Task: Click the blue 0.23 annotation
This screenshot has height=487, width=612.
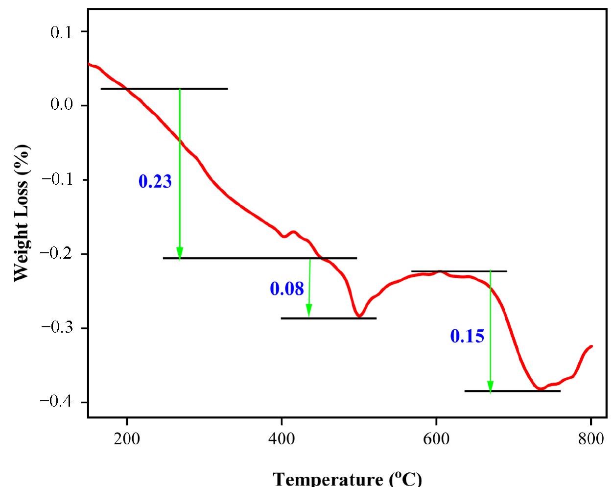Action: click(x=155, y=182)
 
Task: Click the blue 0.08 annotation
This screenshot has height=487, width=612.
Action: click(x=287, y=289)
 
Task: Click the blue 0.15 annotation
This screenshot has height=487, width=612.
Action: click(x=467, y=336)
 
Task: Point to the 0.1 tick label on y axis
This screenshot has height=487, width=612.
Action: click(x=61, y=32)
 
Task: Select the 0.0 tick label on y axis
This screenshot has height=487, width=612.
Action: click(x=61, y=105)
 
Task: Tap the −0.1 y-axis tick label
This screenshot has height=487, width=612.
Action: click(x=58, y=179)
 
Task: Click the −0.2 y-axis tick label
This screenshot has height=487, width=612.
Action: click(x=58, y=253)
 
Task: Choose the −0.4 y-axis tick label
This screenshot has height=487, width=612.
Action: click(x=58, y=401)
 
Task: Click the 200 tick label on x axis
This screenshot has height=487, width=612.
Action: click(x=127, y=438)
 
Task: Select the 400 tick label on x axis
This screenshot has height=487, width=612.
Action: click(x=282, y=438)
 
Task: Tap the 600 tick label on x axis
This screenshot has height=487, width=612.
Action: click(x=436, y=438)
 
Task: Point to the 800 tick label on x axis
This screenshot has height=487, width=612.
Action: click(x=590, y=438)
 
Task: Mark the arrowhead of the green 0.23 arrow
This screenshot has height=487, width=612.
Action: click(x=180, y=253)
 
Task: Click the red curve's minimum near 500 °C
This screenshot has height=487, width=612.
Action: click(x=359, y=317)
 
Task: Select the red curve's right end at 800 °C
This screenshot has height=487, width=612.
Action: click(x=592, y=346)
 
